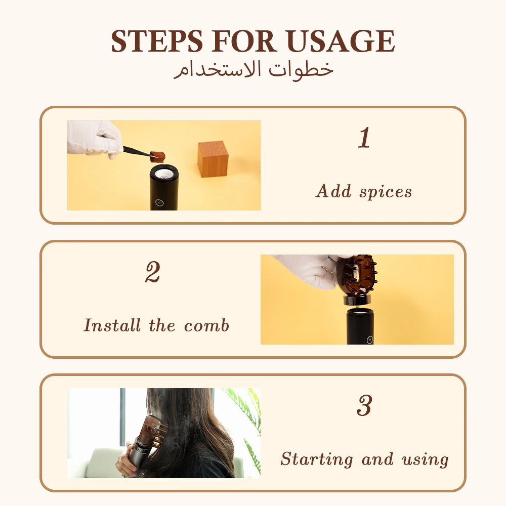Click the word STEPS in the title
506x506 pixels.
point(157,41)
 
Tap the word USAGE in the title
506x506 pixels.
point(341,41)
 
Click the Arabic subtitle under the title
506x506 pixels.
point(254,69)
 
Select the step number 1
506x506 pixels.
point(364,137)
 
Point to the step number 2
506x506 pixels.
point(153,272)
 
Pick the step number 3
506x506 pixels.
point(364,405)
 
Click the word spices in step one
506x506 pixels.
point(386,192)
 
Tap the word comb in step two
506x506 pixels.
point(206,325)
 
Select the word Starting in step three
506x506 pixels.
point(317,459)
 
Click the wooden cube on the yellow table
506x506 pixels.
point(213,159)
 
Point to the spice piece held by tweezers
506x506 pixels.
point(157,156)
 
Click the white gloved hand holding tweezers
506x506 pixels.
point(94,139)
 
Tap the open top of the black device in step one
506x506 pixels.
point(164,173)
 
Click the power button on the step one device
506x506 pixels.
point(159,202)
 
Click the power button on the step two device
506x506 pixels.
point(370,340)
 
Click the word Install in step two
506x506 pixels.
point(112,325)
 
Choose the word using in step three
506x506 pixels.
point(426,459)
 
